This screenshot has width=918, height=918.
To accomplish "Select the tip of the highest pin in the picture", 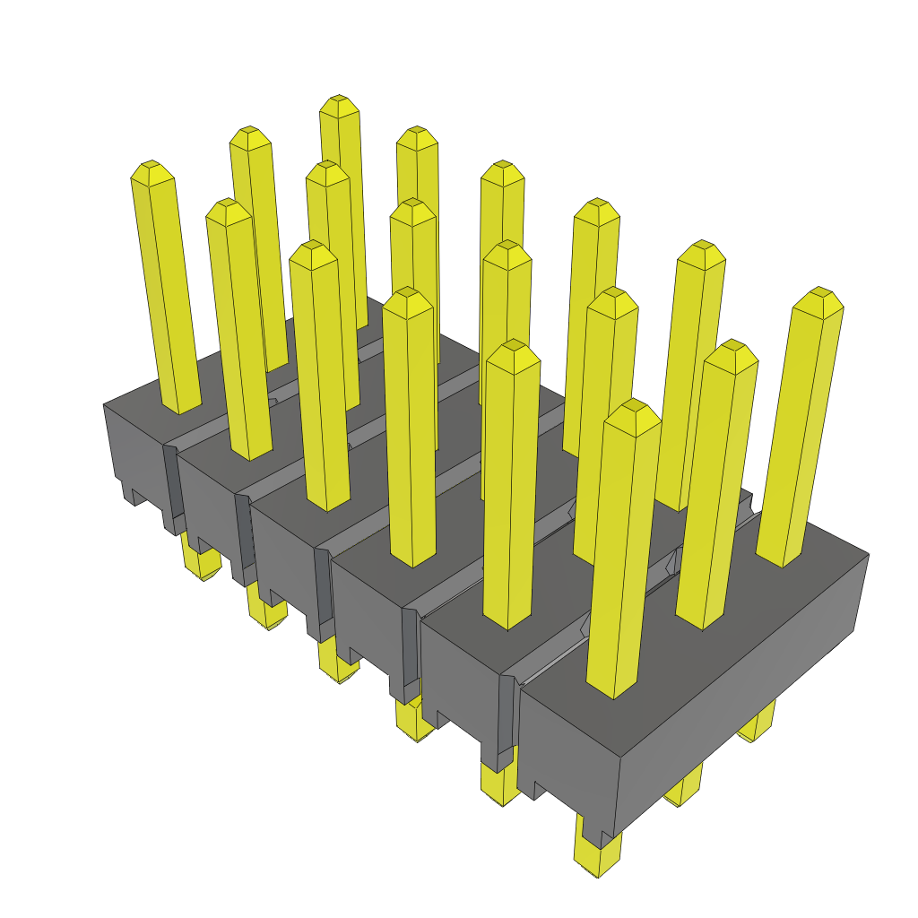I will tap(339, 102).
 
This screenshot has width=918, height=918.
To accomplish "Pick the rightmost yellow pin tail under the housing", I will tap(758, 722).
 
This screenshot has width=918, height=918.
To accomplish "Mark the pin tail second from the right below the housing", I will tap(685, 789).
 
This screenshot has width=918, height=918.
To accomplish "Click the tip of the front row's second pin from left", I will tap(228, 208).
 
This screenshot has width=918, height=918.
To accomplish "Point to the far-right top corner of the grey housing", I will tap(868, 555).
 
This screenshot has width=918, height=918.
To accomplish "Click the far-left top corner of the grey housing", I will tap(104, 404).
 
